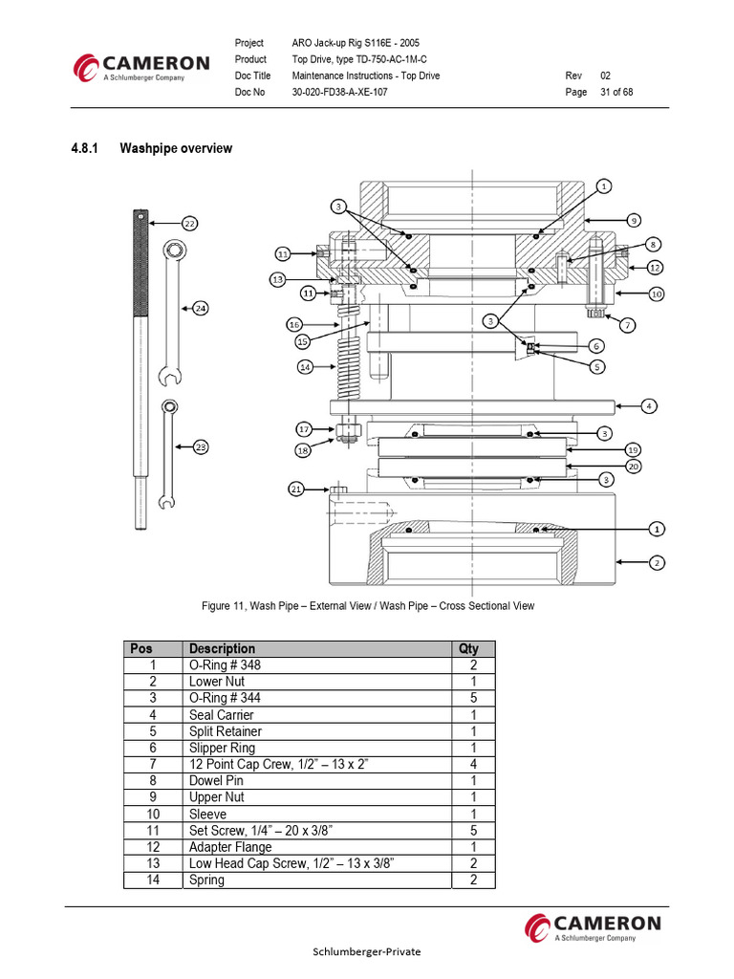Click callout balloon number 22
pos(189,223)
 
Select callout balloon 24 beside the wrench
pos(201,308)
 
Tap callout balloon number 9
pos(634,220)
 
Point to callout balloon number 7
pos(628,325)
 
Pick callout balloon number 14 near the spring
pos(305,366)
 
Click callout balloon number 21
pos(296,489)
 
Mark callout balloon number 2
pos(657,563)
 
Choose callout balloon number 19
pos(633,449)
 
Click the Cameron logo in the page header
pos(142,68)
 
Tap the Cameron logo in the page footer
pos(593,926)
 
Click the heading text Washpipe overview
pos(176,148)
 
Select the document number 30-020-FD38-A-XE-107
pos(339,93)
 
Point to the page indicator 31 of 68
pos(616,93)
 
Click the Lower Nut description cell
pos(217,682)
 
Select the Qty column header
pos(468,648)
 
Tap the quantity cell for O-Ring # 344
pos(472,699)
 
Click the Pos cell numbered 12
pos(152,847)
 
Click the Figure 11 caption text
pos(368,606)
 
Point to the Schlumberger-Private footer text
pos(367,951)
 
